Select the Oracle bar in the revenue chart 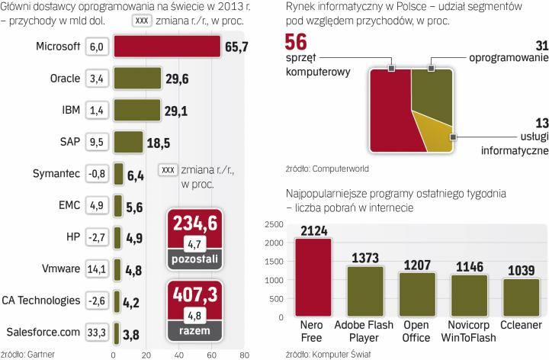point(136,78)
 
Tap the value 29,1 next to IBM point(177,111)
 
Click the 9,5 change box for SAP point(97,141)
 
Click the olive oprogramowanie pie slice point(430,92)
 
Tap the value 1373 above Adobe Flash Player point(365,258)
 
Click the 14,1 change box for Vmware point(97,268)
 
